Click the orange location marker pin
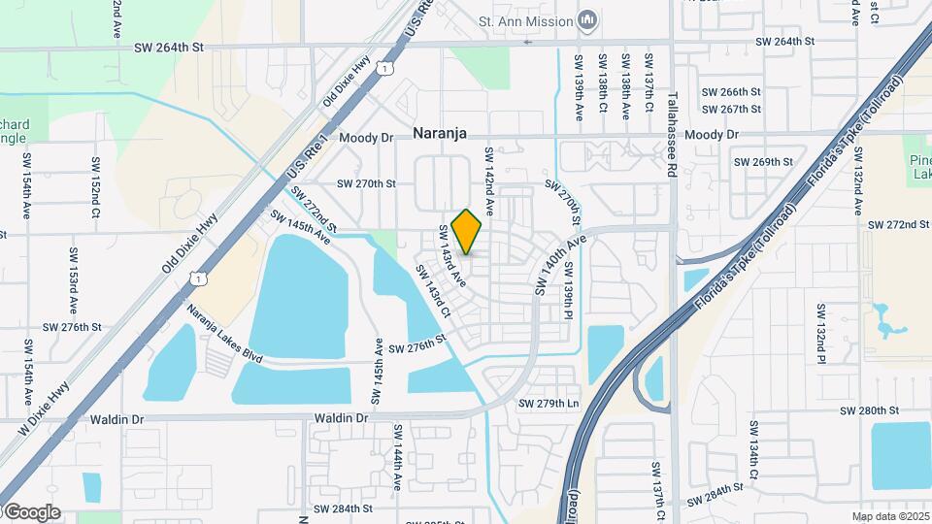pos(467,232)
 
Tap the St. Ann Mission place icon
pos(586,19)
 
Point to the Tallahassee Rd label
pos(672,134)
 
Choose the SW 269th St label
pos(764,162)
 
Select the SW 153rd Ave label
pos(73,279)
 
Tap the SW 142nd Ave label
pos(490,181)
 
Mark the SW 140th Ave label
pos(561,265)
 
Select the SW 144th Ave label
pos(398,456)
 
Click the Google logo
pos(31,512)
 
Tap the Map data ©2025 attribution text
pos(889,516)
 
